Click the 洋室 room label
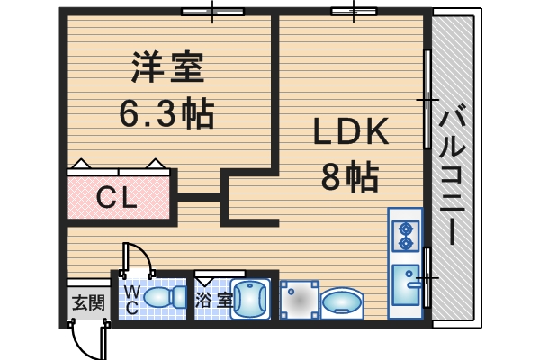(169, 67)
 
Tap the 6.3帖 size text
(167, 113)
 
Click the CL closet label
(117, 196)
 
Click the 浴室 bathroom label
(214, 299)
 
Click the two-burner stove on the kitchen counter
(406, 232)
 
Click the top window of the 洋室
(212, 12)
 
